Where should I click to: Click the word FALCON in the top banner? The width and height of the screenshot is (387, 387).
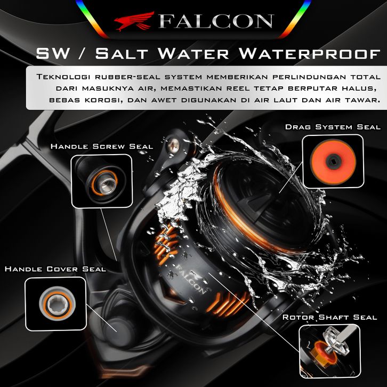click(215, 21)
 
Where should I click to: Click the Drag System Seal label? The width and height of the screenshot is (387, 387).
click(333, 127)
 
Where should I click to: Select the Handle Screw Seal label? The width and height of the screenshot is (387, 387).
click(101, 146)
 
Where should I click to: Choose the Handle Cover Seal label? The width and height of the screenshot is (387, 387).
click(55, 269)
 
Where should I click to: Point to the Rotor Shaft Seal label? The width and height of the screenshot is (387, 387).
click(329, 317)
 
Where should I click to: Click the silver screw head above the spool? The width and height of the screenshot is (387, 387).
click(173, 144)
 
